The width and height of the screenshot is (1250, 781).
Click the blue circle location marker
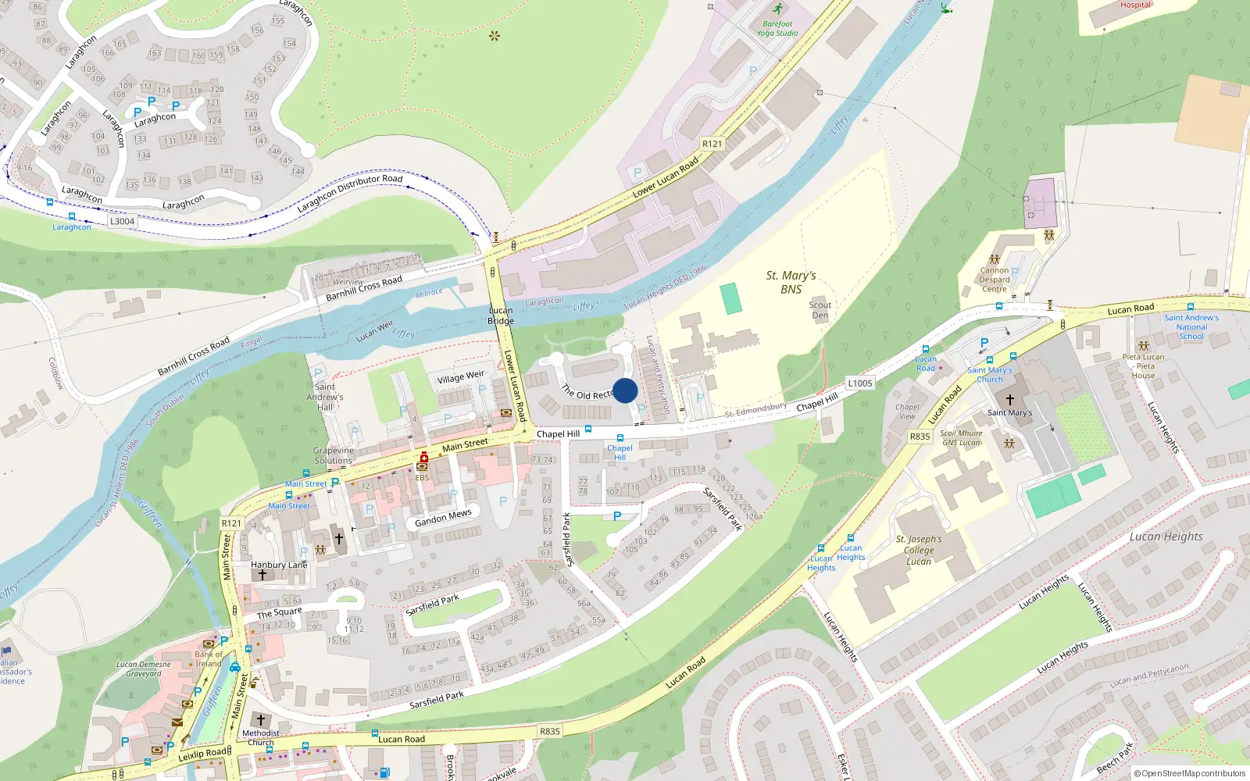pos(625,390)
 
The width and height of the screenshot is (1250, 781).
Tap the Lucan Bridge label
pos(501,316)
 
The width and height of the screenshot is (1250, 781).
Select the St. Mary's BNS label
pos(791,282)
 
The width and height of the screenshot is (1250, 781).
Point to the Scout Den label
pos(820,310)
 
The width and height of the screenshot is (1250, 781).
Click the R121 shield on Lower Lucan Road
pos(712,144)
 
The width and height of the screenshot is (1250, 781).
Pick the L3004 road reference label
pos(122,221)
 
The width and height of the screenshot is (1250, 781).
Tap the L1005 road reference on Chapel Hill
pos(859,383)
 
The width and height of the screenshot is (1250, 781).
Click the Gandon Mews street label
pos(443,518)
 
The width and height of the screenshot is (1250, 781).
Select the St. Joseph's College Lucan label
pos(919,550)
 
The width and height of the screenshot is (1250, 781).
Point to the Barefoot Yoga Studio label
pos(777,28)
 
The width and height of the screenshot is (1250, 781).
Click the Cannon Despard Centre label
pos(995,280)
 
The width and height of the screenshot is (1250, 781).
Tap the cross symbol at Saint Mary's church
pos(1009,399)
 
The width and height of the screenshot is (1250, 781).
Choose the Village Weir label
pos(460,377)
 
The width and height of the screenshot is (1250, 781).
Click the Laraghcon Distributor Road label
pos(350,193)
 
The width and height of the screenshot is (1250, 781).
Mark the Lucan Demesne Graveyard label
pos(144,669)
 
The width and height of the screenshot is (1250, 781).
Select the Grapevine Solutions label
pos(334,455)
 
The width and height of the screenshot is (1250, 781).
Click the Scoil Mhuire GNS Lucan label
pos(961,437)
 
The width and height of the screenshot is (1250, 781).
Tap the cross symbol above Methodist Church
pos(261,719)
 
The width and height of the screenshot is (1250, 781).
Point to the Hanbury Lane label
pos(279,565)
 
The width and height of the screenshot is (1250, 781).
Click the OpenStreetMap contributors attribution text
pos(1190,773)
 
